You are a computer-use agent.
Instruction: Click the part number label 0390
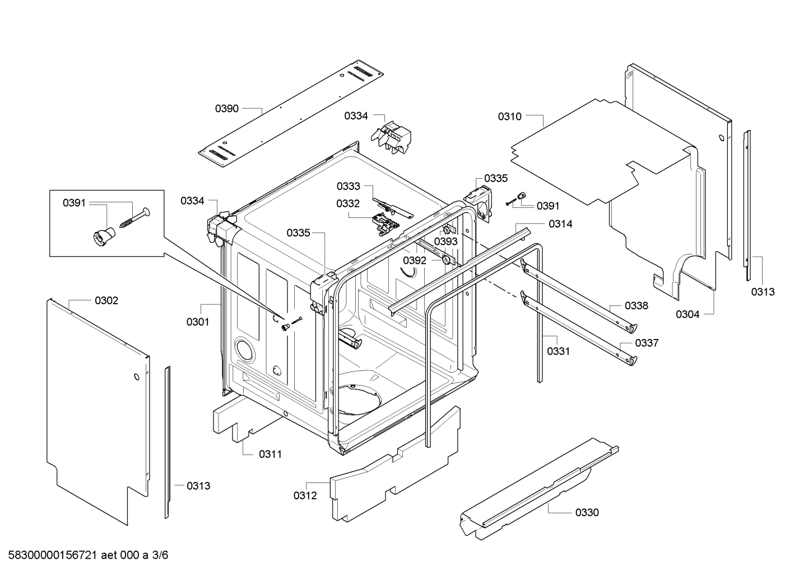(x=227, y=109)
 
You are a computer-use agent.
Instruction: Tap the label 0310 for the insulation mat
(x=510, y=117)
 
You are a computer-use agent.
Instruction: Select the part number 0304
(x=688, y=314)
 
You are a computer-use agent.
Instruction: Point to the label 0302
(x=106, y=300)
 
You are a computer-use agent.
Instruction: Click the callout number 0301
(x=198, y=322)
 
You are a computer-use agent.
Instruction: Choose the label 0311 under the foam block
(x=270, y=454)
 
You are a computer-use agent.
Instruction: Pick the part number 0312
(x=305, y=495)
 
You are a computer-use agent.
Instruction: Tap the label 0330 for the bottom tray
(x=587, y=513)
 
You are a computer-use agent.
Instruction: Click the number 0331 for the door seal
(x=559, y=351)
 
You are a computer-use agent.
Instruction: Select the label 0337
(x=647, y=343)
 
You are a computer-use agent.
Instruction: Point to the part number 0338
(x=637, y=306)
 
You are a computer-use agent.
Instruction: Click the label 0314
(x=560, y=224)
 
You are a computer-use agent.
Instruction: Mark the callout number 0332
(x=348, y=203)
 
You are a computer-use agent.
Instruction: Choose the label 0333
(x=349, y=186)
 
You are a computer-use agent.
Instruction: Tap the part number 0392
(x=415, y=261)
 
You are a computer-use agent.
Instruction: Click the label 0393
(x=446, y=242)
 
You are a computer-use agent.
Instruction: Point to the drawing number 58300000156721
(x=53, y=555)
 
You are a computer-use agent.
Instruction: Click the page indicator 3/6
(x=160, y=555)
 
